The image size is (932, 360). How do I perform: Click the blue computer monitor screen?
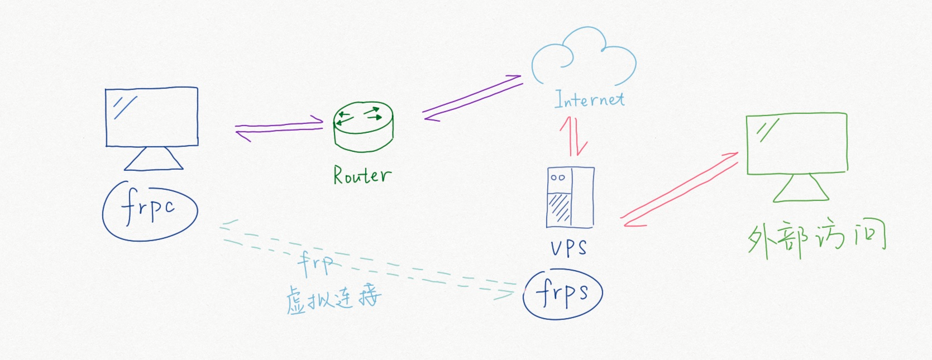point(151,117)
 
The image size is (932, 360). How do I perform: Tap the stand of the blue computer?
point(154,159)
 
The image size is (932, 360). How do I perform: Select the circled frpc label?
point(150,210)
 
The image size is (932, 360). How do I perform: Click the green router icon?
point(363,126)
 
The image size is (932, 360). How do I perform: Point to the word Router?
point(362,175)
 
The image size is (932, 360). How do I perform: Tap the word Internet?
point(589,99)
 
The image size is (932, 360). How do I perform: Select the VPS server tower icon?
point(570,197)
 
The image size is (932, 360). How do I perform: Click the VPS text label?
point(568,247)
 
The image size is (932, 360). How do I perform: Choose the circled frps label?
point(562,294)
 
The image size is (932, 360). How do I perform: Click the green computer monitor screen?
point(797,143)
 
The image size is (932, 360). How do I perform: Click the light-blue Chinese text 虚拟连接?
point(333,298)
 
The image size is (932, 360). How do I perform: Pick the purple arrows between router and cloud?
point(472,98)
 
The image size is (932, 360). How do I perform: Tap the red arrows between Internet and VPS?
point(574,136)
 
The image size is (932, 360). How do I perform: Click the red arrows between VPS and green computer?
point(680,190)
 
